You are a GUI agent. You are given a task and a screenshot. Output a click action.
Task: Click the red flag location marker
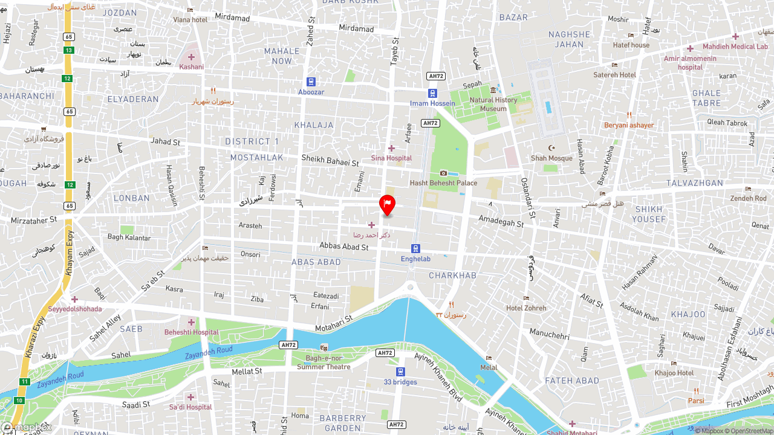387,204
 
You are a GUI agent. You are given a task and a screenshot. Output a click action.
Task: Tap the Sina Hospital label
391,158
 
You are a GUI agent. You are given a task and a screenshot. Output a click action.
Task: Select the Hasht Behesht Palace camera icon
443,173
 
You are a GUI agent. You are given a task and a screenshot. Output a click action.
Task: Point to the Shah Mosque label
551,158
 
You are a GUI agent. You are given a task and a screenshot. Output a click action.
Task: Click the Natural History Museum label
493,105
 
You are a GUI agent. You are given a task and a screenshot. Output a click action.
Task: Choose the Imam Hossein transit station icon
432,93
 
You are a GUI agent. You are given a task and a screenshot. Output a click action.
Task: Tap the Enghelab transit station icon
415,248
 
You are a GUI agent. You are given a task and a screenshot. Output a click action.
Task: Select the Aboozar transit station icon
311,82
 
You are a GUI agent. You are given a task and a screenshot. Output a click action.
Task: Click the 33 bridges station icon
400,372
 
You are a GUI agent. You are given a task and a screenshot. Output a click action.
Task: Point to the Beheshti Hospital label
191,332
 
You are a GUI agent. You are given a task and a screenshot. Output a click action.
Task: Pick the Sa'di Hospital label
190,407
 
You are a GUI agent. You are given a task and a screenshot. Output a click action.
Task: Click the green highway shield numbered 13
69,50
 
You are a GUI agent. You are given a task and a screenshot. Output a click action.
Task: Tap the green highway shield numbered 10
19,401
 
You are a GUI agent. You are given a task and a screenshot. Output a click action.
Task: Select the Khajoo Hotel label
674,373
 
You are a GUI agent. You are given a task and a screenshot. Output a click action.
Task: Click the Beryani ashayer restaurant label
629,125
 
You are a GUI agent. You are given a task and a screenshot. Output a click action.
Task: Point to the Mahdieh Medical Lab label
735,47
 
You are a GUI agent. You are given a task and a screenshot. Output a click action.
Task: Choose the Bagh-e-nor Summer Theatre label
324,362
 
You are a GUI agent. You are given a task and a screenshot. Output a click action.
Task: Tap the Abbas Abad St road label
343,247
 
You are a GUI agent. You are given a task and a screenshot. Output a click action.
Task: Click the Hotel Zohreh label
526,308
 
